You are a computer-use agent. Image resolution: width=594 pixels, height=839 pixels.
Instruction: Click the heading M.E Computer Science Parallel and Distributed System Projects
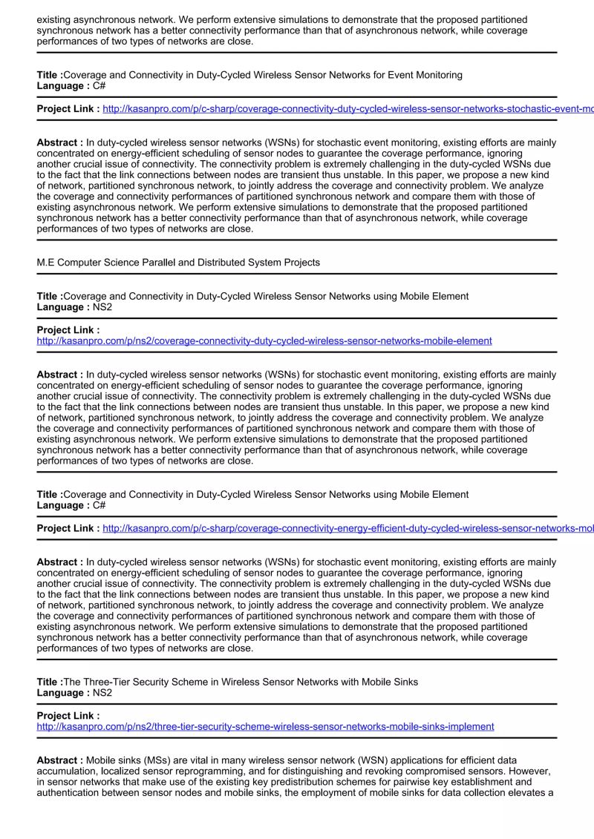click(x=178, y=263)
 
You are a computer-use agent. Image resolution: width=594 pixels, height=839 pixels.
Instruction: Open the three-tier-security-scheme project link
click(x=265, y=727)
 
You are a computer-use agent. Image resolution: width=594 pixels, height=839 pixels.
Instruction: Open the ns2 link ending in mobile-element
click(x=264, y=341)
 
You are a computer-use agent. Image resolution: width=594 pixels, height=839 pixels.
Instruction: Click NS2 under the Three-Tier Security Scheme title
click(x=102, y=693)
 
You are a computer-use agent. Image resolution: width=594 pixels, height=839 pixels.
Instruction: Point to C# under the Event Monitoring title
click(x=99, y=86)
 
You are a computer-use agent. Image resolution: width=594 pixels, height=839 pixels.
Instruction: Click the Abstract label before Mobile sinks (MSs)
click(x=59, y=760)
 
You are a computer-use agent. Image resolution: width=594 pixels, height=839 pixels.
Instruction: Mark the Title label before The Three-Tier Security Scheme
click(x=50, y=682)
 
